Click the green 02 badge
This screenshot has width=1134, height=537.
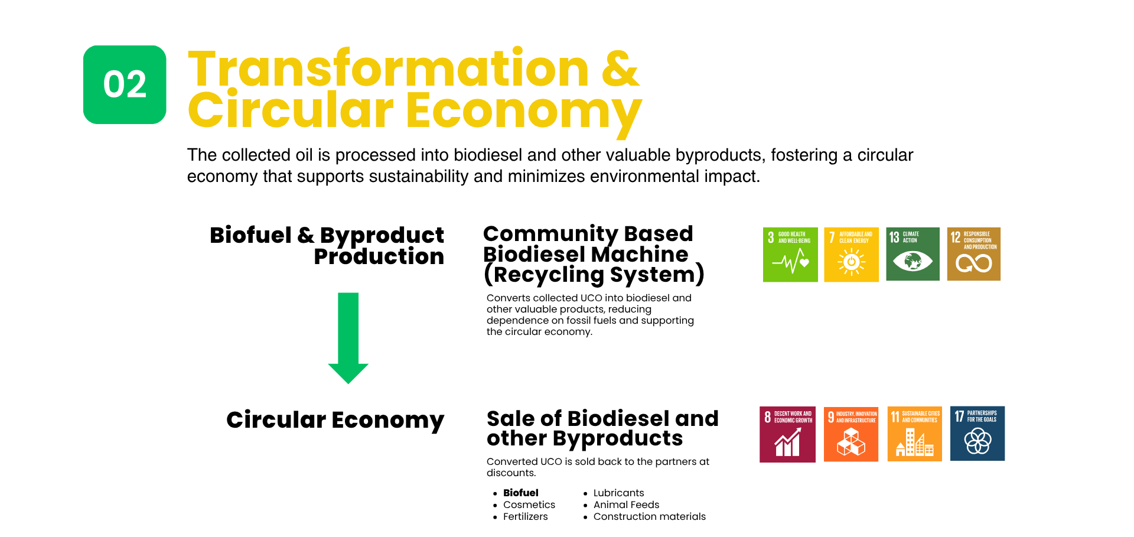point(125,84)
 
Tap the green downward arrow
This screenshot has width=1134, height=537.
point(348,338)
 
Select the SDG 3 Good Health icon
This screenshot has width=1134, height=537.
point(790,255)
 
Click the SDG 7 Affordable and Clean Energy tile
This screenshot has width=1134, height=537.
point(851,255)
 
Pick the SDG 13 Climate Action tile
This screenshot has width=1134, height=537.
point(913,254)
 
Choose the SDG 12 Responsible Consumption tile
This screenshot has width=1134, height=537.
point(974,254)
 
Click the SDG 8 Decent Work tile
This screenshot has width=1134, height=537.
point(787,434)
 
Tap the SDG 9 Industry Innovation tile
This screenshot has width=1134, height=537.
point(851,434)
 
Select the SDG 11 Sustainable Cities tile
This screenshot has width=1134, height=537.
point(915,434)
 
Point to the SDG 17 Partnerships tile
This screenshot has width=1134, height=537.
point(977,434)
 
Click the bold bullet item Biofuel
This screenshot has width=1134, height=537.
point(521,493)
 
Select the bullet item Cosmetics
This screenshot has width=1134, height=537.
point(529,505)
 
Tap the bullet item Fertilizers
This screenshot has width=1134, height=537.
point(526,516)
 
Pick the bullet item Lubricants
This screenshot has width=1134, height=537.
point(619,493)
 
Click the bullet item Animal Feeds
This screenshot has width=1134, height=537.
point(627,505)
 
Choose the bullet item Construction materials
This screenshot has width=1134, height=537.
point(650,516)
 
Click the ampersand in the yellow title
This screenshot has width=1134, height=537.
point(621,69)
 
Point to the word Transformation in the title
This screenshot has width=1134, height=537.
point(389,69)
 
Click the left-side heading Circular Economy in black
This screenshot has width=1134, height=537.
point(335,420)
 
